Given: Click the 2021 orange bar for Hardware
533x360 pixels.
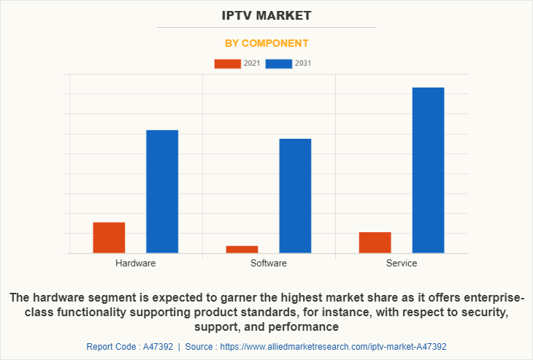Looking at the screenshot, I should (109, 237).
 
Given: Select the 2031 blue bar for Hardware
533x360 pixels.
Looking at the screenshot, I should (162, 191).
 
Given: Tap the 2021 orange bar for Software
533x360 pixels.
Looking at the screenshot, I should (242, 249).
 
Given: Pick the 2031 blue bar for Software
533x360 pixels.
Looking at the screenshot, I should (295, 196).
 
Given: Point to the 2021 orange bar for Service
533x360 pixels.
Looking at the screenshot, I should (375, 242).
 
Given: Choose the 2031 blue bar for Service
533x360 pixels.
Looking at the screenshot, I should (428, 170).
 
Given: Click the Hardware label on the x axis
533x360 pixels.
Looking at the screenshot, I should (135, 263).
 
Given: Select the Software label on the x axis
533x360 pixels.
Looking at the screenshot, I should (268, 263).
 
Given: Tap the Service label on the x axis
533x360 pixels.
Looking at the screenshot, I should (402, 263).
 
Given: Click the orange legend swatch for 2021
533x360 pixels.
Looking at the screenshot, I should (227, 64).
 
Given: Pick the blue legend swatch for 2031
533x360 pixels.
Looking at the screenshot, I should (279, 64).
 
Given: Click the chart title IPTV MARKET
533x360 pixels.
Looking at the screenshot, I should (266, 15).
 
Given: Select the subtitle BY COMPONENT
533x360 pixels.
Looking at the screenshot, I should (266, 43).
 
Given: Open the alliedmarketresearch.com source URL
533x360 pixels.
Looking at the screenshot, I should (332, 347).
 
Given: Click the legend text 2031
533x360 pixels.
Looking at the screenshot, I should (303, 64).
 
